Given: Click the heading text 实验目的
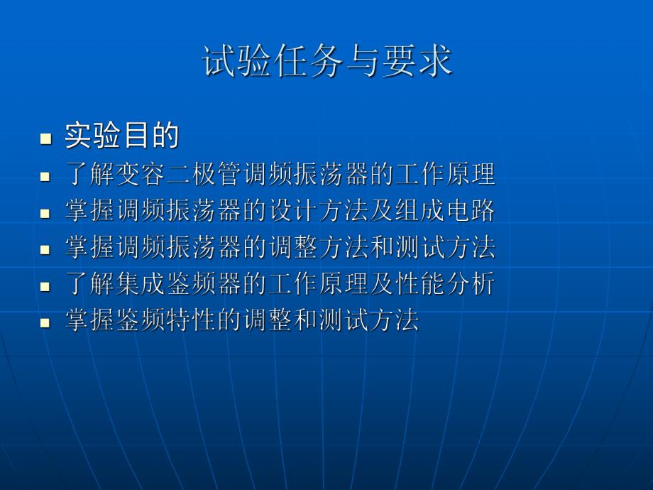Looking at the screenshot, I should click(x=121, y=135).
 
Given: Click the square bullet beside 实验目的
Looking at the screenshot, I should click(x=46, y=138).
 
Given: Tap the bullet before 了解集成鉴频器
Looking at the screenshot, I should click(x=45, y=287).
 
